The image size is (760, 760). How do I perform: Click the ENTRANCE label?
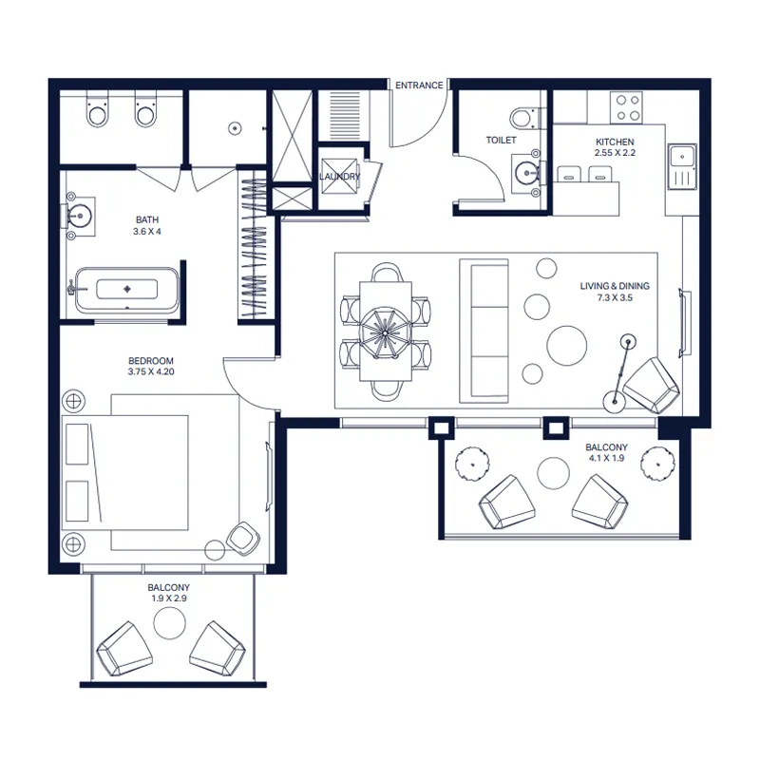point(419,85)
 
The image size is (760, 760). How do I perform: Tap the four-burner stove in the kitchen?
point(629,107)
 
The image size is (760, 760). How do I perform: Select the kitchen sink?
point(682,166)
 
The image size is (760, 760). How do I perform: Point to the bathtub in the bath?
point(127,290)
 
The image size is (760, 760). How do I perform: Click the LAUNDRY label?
point(340,177)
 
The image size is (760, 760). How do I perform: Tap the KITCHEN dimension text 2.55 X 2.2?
point(615,153)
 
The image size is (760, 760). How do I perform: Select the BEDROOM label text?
point(151,361)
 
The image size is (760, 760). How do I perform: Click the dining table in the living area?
point(386,331)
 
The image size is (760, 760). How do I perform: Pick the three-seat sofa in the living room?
point(484,331)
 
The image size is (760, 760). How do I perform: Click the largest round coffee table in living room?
point(566,346)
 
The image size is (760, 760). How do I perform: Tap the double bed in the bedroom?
point(125,472)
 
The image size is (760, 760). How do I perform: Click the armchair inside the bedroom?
point(243,539)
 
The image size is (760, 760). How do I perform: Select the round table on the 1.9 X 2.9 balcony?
point(170,623)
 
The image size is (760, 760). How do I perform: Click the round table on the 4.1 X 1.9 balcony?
point(553,473)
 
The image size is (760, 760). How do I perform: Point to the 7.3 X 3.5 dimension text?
point(615,297)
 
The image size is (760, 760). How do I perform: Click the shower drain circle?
point(235,128)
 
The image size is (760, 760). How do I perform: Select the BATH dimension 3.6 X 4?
point(147,231)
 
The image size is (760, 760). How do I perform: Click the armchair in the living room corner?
point(651,386)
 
